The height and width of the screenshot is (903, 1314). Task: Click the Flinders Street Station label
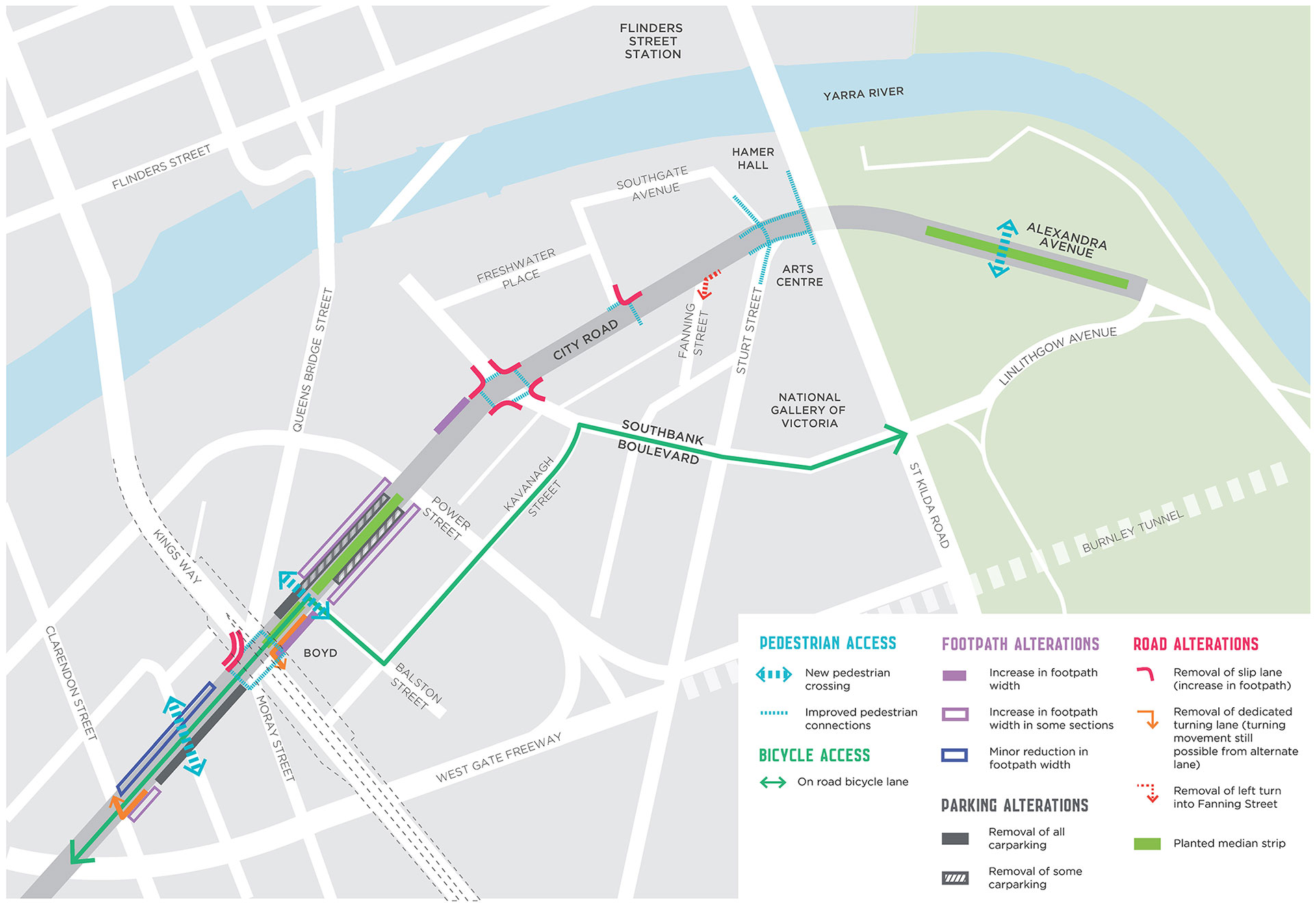pos(652,41)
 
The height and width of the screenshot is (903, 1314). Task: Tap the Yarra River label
pos(863,93)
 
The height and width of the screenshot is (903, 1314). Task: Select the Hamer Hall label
pos(753,158)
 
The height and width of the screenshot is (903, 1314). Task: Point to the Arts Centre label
pos(799,275)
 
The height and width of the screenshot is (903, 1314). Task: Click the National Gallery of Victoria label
pos(808,410)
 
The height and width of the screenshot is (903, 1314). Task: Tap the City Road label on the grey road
pos(585,340)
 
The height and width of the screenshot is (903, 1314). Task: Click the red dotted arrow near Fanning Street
pos(709,283)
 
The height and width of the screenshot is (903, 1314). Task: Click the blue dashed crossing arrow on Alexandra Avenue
pos(1003,249)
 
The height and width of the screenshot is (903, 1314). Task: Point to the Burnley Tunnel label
pos(1132,532)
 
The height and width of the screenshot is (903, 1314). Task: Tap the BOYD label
pos(320,653)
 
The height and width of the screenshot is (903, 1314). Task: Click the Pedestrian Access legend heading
pos(827,643)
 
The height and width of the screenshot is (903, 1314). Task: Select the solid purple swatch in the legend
pos(954,676)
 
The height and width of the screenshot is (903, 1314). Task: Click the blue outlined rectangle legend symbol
pos(954,755)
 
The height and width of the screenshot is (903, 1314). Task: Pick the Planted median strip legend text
pos(1229,843)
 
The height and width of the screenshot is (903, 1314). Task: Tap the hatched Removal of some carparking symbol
pos(955,878)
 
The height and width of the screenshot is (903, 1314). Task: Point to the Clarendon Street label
pos(70,683)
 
